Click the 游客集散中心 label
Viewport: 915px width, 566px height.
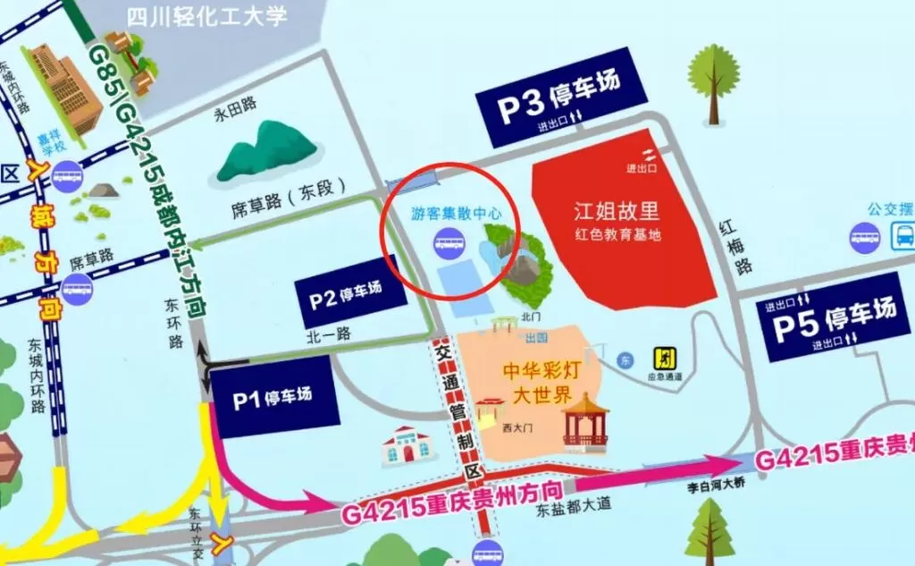point(452,215)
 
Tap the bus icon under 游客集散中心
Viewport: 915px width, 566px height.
point(449,241)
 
